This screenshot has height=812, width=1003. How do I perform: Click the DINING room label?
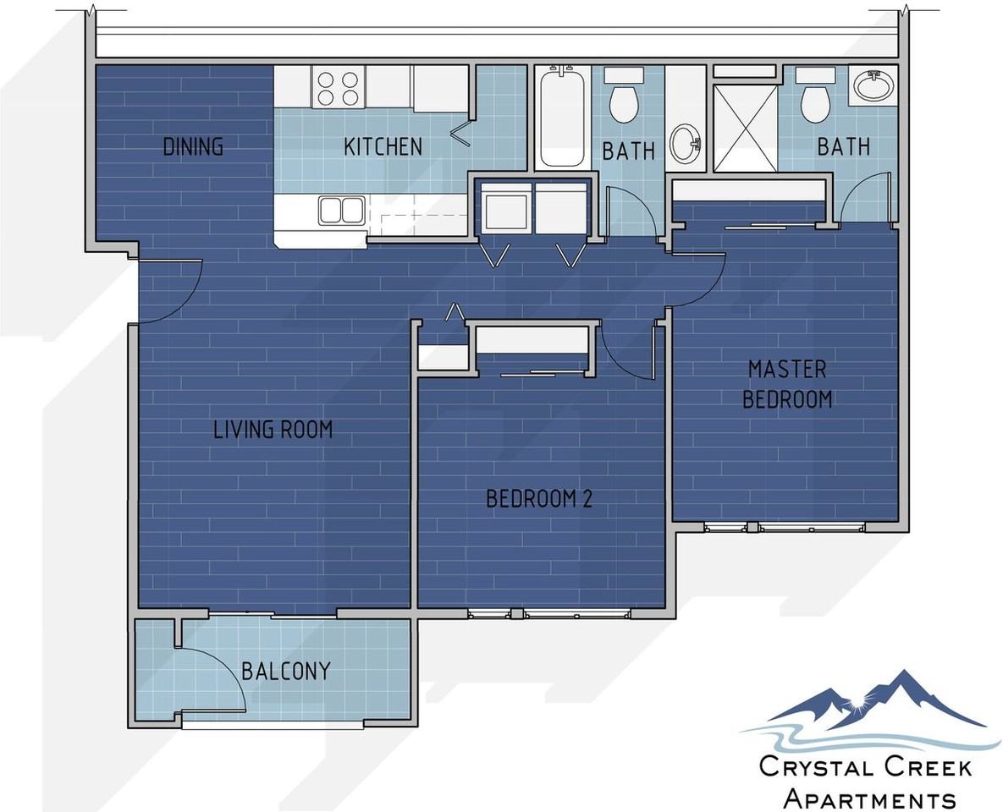pos(193,146)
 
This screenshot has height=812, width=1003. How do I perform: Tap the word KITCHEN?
pos(383,146)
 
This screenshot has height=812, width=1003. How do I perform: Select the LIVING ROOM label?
pos(273,430)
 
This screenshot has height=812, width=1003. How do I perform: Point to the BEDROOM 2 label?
pos(538,498)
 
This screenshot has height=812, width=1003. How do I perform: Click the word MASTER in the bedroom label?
pos(786,369)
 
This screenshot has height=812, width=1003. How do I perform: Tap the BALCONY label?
pos(285,672)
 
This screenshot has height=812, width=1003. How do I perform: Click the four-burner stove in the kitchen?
pos(337,88)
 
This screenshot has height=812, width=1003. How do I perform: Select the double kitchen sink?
pos(341,210)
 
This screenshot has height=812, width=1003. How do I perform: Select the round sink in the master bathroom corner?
pos(873,85)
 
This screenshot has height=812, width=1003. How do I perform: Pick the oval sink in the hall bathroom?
pos(684,144)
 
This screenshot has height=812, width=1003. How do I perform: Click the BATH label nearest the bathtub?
pos(628,151)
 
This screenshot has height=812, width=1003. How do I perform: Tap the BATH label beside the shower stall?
pos(843,146)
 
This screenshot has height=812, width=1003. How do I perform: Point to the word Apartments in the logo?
pos(870,798)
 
